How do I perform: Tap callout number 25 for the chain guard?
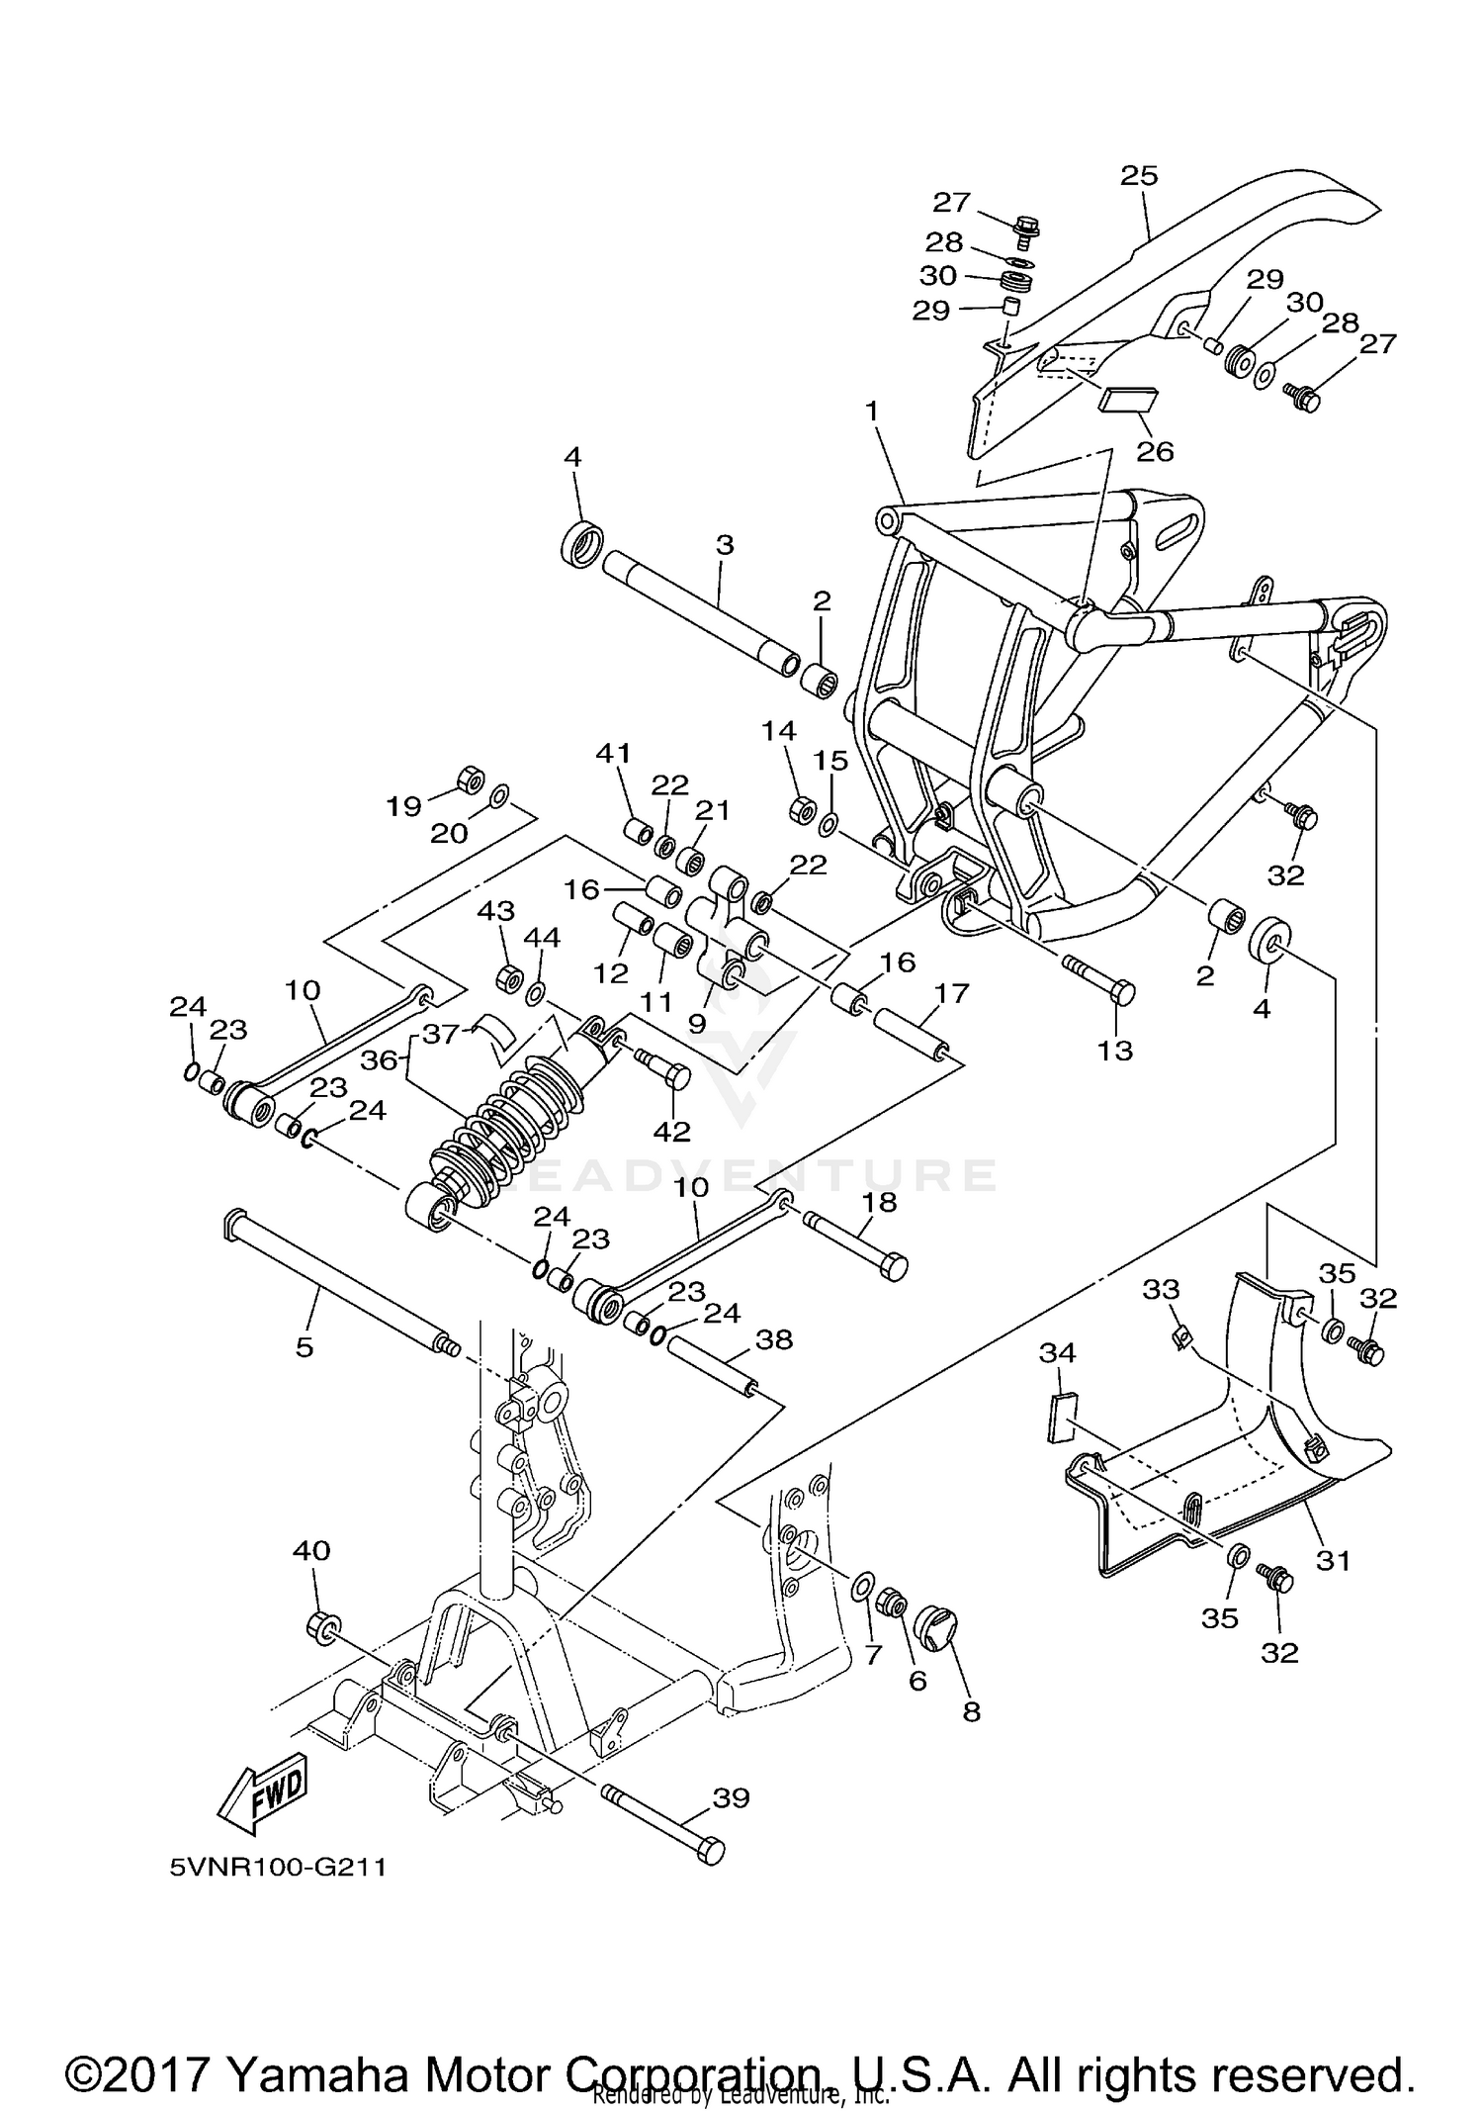pos(1139,175)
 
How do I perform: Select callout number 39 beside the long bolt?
pos(732,1797)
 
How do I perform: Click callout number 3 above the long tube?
pos(725,544)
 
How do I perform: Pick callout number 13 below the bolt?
pos(1115,1050)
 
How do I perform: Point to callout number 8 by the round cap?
pos(971,1711)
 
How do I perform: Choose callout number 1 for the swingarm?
pos(872,410)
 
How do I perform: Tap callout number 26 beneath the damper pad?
pos(1155,451)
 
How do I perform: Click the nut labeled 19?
pos(472,780)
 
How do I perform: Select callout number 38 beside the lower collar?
pos(774,1339)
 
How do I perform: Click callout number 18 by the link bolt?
pos(879,1202)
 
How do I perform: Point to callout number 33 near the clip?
pos(1162,1289)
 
